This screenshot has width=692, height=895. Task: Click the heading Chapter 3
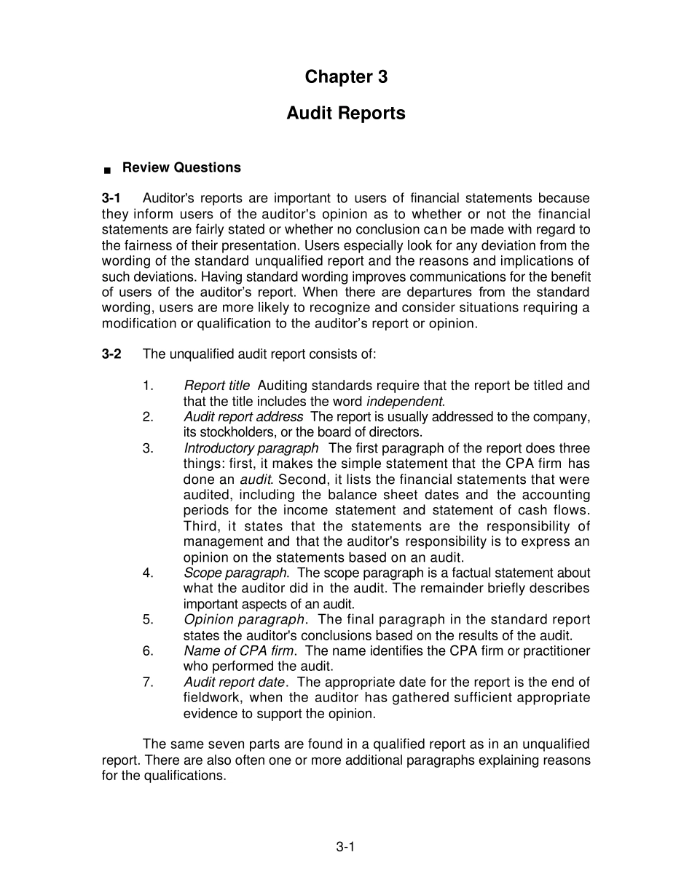click(x=346, y=77)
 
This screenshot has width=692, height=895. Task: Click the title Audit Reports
click(x=346, y=114)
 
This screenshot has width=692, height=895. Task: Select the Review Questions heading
click(x=181, y=167)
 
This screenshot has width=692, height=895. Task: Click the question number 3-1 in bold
click(x=111, y=199)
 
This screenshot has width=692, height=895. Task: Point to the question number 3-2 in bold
click(x=111, y=354)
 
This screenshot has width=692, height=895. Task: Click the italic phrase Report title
click(x=216, y=386)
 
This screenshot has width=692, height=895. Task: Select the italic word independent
click(x=404, y=402)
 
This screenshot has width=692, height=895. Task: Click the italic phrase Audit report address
click(x=243, y=417)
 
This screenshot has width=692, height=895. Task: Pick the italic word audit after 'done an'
click(x=256, y=480)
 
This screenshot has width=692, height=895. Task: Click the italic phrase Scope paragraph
click(x=235, y=573)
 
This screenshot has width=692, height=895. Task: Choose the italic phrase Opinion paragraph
click(x=244, y=620)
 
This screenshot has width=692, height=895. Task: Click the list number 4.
click(x=148, y=573)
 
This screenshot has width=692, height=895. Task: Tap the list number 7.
click(x=148, y=683)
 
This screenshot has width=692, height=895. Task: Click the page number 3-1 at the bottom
click(x=345, y=846)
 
